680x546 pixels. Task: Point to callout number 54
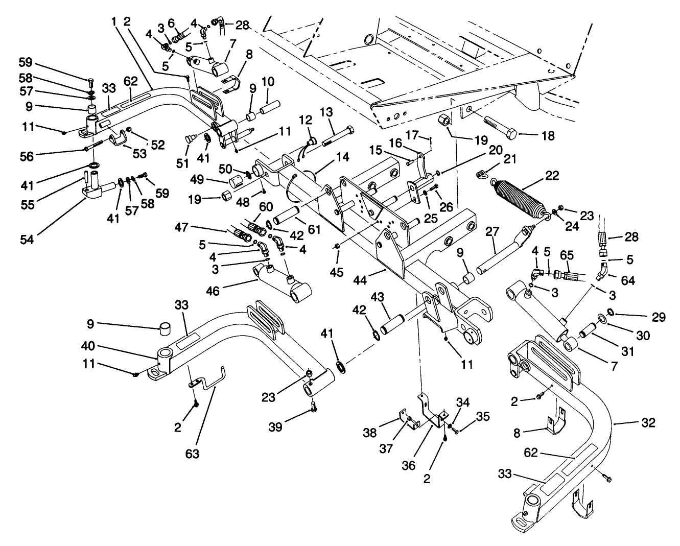(27, 239)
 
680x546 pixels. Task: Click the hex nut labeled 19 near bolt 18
(443, 122)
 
